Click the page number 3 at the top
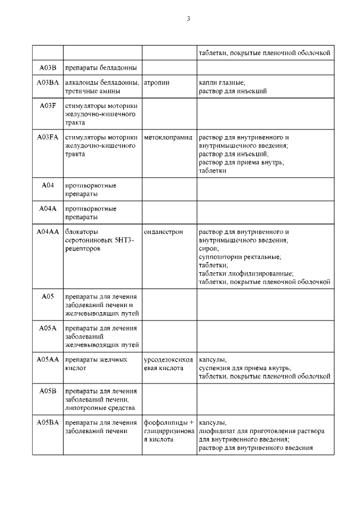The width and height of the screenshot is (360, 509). [x=188, y=19]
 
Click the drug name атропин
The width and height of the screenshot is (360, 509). [x=157, y=83]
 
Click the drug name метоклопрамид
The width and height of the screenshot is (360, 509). [x=168, y=137]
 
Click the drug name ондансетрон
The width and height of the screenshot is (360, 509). [x=164, y=232]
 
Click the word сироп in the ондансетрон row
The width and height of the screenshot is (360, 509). [x=209, y=248]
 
